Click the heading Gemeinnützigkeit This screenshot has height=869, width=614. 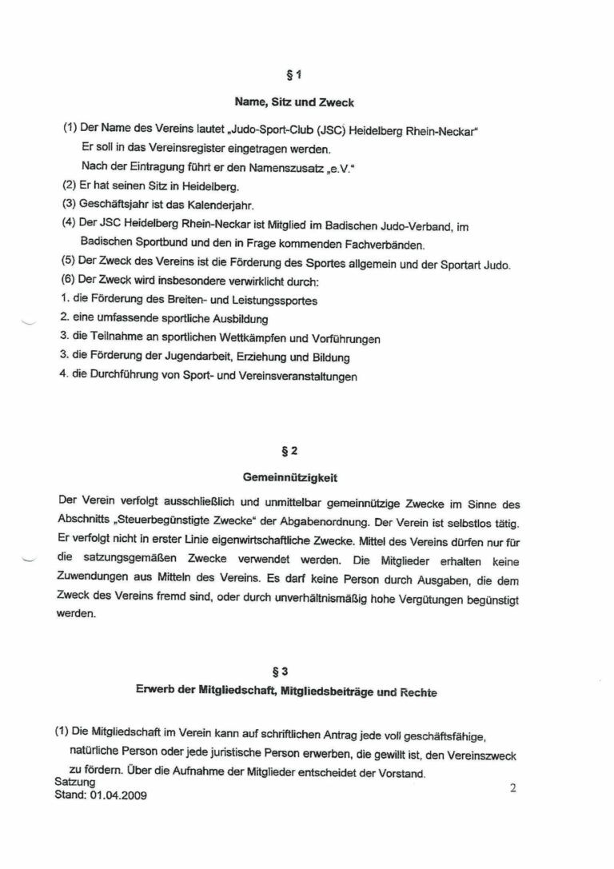coord(307,478)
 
